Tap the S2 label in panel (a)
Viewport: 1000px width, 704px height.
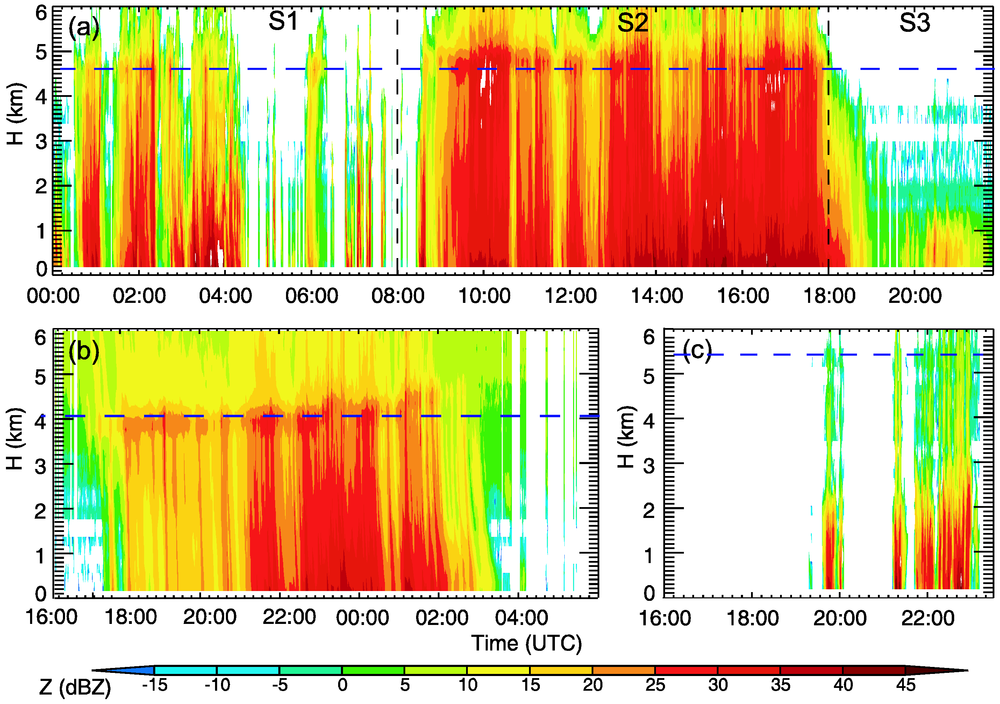(x=633, y=23)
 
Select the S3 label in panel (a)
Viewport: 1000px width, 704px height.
(x=915, y=23)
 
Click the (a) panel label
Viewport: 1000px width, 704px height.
(x=84, y=28)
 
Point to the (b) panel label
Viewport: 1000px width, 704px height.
(x=84, y=351)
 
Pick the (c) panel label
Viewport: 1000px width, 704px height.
(x=697, y=349)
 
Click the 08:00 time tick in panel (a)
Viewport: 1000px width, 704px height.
(x=398, y=296)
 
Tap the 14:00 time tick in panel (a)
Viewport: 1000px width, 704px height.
(x=657, y=296)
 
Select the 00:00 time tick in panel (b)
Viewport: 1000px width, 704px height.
(x=362, y=618)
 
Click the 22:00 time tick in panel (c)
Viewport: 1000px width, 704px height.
(x=928, y=618)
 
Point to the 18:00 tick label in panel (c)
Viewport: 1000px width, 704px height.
(x=752, y=618)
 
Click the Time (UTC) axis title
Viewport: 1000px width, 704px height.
(x=527, y=643)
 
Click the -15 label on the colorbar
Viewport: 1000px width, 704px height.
(x=155, y=685)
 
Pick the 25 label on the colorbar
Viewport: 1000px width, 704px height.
(x=655, y=685)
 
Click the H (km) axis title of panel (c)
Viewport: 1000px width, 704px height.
(x=628, y=437)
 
